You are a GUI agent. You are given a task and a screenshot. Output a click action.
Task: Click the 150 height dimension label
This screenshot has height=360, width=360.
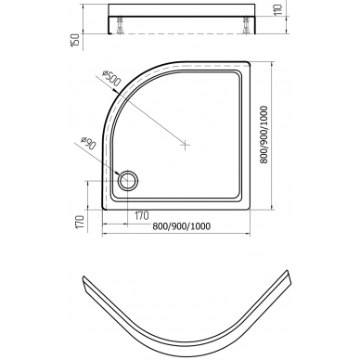click(x=75, y=40)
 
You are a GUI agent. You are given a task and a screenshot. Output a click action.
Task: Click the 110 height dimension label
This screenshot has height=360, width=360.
click(x=278, y=10)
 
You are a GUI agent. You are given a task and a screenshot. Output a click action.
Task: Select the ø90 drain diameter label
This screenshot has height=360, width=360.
click(x=88, y=144)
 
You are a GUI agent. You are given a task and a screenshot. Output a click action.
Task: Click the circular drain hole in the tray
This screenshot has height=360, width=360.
click(x=127, y=180)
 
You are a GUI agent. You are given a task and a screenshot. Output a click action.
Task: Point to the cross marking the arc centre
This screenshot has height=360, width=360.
click(x=185, y=145)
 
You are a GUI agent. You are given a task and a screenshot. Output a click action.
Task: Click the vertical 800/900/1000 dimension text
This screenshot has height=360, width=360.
click(x=264, y=135)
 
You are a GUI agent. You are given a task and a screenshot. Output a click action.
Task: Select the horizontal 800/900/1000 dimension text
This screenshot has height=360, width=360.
click(x=182, y=226)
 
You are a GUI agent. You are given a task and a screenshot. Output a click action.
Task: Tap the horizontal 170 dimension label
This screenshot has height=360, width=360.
click(x=142, y=215)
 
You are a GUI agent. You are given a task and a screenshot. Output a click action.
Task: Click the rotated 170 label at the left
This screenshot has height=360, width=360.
click(x=80, y=222)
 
